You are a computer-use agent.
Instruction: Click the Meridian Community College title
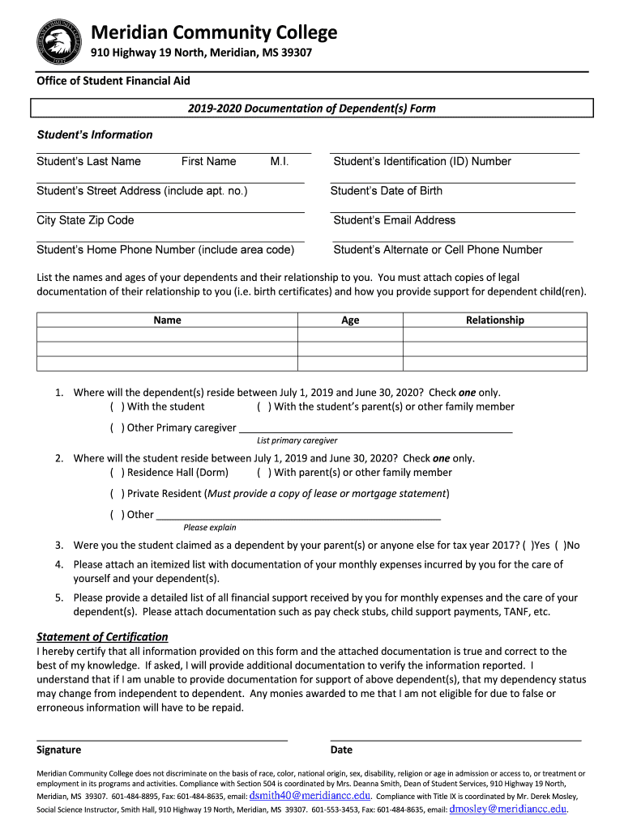213,32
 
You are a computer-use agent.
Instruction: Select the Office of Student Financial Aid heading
113,81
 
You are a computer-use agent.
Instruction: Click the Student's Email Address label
394,220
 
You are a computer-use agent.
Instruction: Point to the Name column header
167,320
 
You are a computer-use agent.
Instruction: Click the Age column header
350,320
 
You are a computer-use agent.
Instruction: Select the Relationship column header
494,320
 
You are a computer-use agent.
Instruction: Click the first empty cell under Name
167,334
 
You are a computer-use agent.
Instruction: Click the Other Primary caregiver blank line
376,428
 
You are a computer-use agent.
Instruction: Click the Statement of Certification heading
102,636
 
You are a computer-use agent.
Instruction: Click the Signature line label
59,750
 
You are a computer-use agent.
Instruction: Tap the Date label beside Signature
341,750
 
